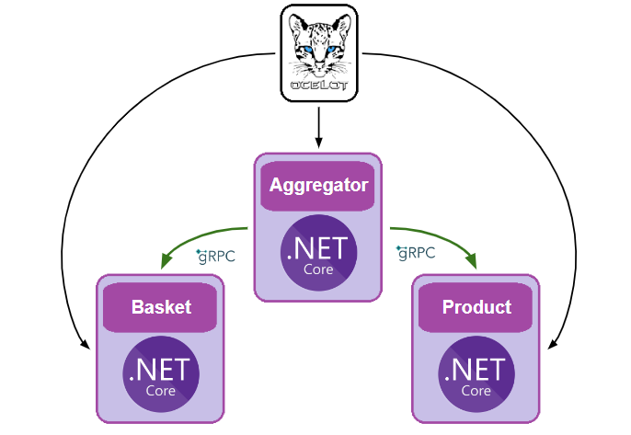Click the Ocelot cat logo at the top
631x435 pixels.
(x=317, y=51)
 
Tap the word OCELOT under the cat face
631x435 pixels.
(x=317, y=85)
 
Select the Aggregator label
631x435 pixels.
(x=317, y=185)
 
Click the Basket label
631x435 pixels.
(x=161, y=306)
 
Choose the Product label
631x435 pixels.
(x=476, y=306)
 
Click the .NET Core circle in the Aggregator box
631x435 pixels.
(x=317, y=253)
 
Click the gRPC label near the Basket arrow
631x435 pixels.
(x=216, y=257)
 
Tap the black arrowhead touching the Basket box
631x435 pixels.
(x=85, y=347)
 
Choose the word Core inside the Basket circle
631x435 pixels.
(x=161, y=391)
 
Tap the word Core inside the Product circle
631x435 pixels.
(x=476, y=391)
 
